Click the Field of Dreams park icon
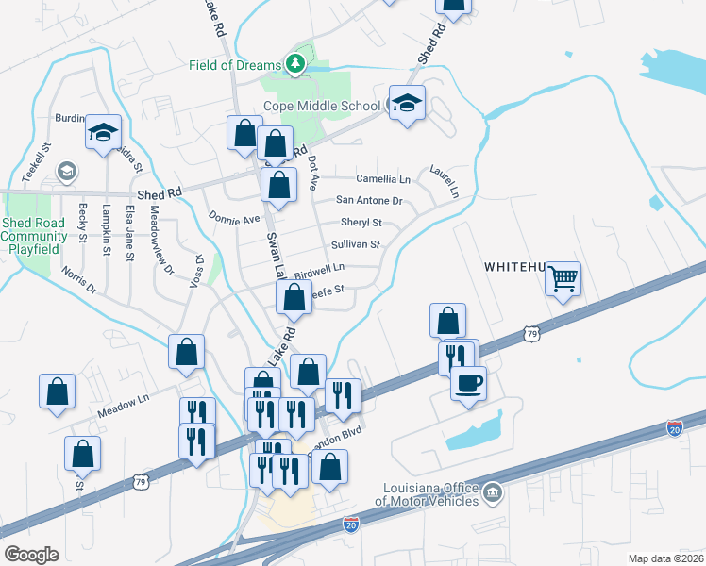pos(296,64)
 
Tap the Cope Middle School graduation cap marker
pos(407,104)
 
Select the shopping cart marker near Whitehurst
pos(563,277)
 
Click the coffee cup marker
pos(468,383)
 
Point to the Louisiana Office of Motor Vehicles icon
pos(492,492)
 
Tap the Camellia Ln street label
pos(383,178)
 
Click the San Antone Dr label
pos(370,201)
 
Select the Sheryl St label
pos(362,224)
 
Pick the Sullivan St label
pos(356,245)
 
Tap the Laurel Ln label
pos(445,180)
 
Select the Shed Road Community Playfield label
pos(33,236)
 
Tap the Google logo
pos(31,554)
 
